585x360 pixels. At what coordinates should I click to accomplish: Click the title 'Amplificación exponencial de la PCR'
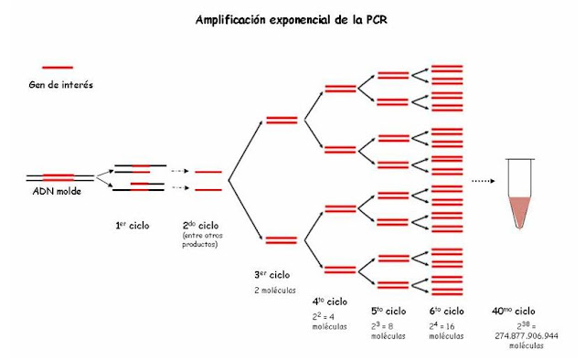tap(292, 18)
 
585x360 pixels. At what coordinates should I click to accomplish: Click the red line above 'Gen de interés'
tap(58, 67)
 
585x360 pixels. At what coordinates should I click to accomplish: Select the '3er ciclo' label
tap(272, 274)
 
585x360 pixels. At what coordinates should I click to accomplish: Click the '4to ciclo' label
tap(330, 301)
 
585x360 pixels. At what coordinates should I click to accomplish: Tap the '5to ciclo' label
tap(388, 312)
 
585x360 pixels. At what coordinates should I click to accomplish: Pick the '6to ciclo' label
tap(447, 312)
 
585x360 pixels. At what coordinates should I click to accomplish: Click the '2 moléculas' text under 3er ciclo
tap(275, 290)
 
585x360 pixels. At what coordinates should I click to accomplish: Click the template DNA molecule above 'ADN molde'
tap(58, 176)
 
